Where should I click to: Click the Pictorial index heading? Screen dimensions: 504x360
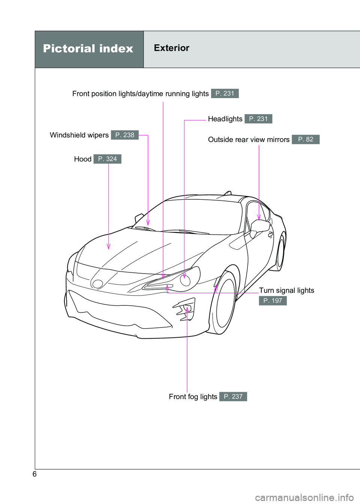[x=88, y=49]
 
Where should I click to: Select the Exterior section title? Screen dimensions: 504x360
[x=171, y=48]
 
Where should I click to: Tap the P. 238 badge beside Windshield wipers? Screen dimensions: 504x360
[x=125, y=135]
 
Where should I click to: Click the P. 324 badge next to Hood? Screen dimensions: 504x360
[x=108, y=159]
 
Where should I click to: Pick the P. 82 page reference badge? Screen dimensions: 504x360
[x=306, y=139]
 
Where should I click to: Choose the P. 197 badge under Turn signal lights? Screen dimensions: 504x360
[x=273, y=301]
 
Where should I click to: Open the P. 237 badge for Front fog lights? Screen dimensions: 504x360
[x=233, y=396]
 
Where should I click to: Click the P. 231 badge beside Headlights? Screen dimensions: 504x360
[x=258, y=119]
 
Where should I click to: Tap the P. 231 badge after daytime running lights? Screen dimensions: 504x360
[x=225, y=93]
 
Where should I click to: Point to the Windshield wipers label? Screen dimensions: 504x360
[x=79, y=135]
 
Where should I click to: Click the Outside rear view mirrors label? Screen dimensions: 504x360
[x=249, y=139]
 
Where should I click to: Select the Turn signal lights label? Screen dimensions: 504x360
[x=286, y=290]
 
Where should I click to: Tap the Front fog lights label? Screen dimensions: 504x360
[x=193, y=396]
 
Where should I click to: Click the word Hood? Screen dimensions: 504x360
[x=82, y=159]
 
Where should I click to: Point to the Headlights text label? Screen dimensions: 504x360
[x=225, y=119]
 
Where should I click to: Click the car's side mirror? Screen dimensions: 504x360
[x=260, y=226]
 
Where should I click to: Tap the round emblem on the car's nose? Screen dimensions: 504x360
[x=97, y=284]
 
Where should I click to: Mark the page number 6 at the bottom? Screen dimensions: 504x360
[x=34, y=474]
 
